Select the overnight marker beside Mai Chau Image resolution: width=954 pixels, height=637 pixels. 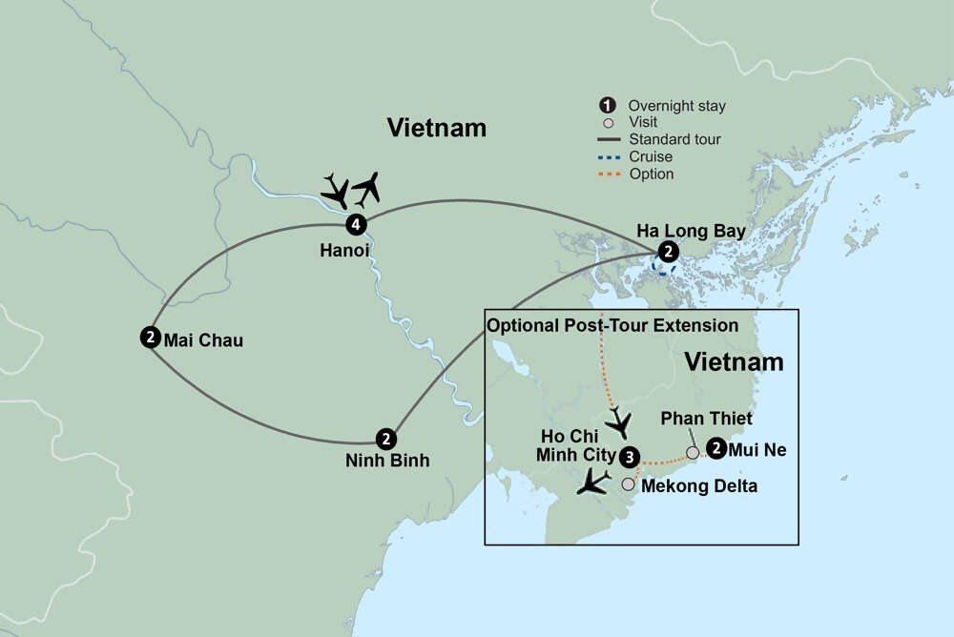150,337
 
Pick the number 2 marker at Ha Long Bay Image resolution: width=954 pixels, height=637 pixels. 669,252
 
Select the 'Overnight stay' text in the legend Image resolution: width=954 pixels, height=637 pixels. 676,106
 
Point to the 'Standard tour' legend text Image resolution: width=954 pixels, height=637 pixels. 674,139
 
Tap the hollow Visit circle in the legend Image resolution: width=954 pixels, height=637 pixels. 603,122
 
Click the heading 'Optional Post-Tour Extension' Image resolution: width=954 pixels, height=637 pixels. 612,325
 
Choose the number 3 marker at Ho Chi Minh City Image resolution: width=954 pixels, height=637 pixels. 629,456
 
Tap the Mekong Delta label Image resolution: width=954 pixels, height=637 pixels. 698,486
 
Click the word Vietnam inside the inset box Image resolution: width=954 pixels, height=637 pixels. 734,362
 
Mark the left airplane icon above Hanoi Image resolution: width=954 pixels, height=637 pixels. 335,192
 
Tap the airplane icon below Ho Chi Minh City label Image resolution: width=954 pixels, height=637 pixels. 593,481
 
